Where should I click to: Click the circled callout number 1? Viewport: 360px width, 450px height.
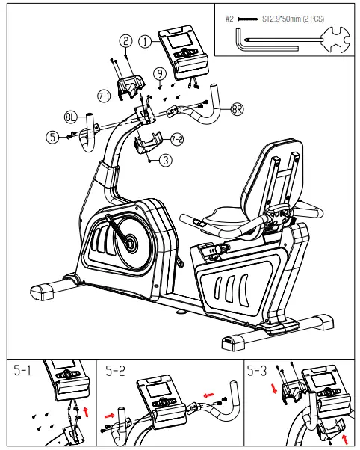pos(145,41)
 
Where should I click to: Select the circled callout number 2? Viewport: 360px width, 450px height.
pos(126,40)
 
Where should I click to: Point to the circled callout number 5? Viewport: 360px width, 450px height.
pos(52,137)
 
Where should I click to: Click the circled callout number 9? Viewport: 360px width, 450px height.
pos(159,73)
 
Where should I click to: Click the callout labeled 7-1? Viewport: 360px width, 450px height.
pos(104,96)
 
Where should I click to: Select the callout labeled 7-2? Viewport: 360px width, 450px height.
pos(177,140)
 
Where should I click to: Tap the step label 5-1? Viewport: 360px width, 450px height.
pos(23,369)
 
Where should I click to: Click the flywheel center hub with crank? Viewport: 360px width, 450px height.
pos(130,242)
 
